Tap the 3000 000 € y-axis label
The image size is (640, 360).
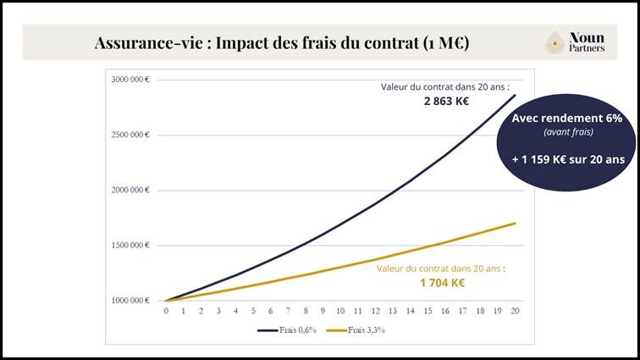(130, 80)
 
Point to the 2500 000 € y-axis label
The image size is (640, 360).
(130, 135)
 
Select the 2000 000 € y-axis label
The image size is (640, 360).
(130, 190)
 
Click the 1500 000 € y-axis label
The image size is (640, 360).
(130, 245)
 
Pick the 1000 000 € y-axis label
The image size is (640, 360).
(130, 300)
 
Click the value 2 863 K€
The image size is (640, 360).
(446, 102)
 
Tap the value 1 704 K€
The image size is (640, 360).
(442, 283)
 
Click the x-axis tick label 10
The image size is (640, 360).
(340, 312)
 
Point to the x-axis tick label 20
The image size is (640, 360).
(515, 312)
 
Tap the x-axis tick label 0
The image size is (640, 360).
(167, 312)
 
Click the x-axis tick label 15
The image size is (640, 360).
(428, 312)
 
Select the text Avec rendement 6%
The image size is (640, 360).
(566, 119)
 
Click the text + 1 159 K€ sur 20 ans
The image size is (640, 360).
(566, 158)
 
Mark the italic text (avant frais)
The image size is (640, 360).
(566, 132)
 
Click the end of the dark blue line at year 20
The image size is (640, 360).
(515, 95)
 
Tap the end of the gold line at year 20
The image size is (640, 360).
(515, 224)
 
